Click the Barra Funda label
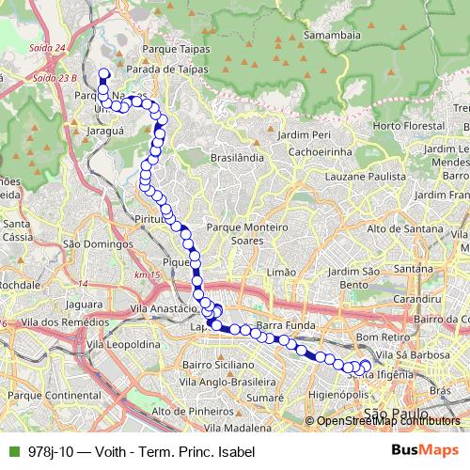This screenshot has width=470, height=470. pyautogui.click(x=283, y=325)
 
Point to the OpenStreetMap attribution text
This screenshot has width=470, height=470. pyautogui.click(x=387, y=420)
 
